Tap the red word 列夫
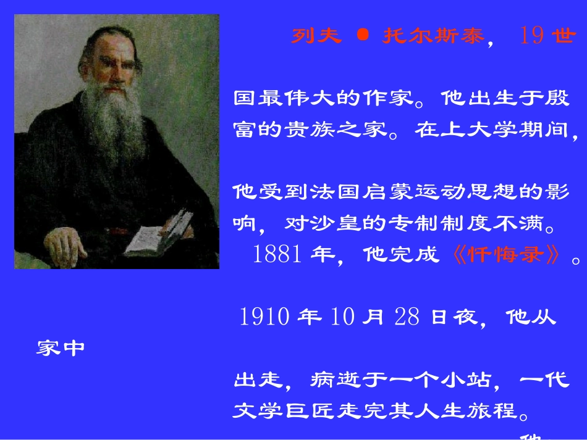[x=316, y=36]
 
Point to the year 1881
[x=276, y=255]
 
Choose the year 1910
[x=264, y=317]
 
